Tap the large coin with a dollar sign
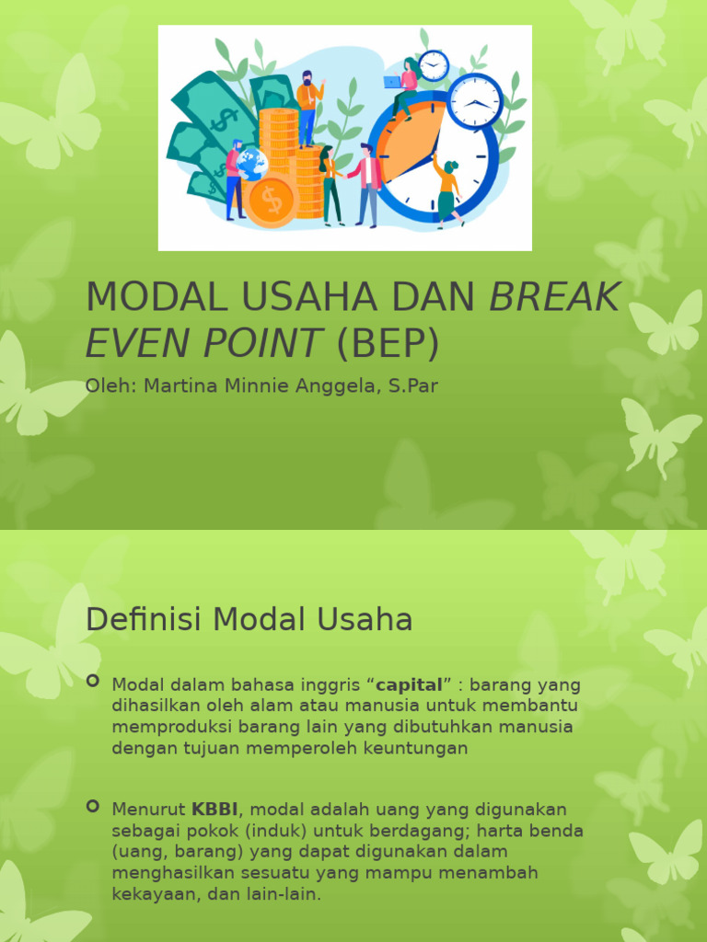[x=271, y=200]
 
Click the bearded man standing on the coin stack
[x=307, y=106]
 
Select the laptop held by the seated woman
[x=393, y=82]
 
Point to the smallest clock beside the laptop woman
[x=433, y=65]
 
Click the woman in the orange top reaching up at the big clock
[x=447, y=189]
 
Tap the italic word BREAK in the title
[x=554, y=296]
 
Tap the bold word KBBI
[x=214, y=810]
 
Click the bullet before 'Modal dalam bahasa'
[x=92, y=682]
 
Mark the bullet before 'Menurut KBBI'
[x=92, y=806]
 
